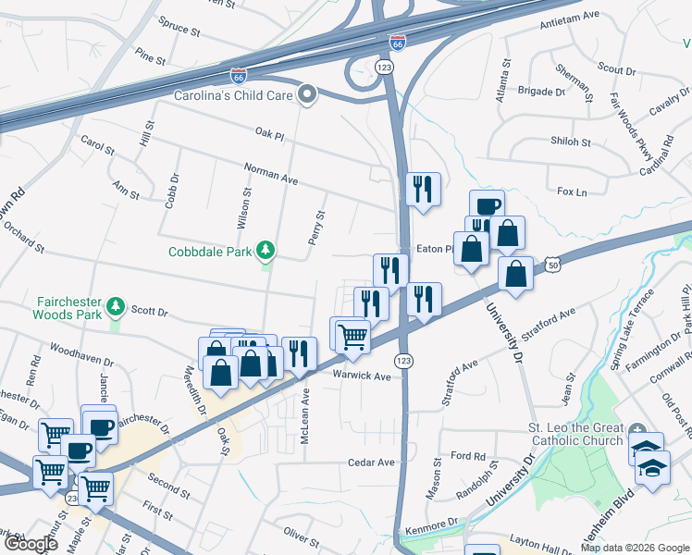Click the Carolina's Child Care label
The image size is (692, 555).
(232, 94)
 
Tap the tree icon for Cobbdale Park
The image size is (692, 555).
(266, 251)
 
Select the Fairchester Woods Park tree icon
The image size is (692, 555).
(116, 306)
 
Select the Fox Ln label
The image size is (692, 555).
(572, 192)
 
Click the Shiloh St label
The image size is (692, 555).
(571, 142)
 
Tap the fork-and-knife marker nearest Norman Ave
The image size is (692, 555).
(423, 190)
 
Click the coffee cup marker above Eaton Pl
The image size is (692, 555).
(487, 206)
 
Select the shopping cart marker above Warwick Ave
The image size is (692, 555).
(352, 334)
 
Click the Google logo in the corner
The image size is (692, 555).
(30, 544)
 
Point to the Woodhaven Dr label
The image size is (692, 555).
(75, 351)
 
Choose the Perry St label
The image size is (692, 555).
(317, 227)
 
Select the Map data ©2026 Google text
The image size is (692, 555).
(635, 548)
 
